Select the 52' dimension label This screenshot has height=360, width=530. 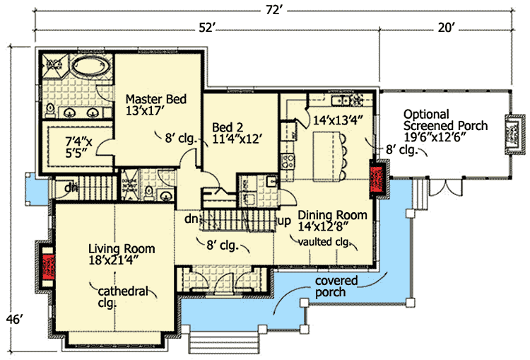[206, 28]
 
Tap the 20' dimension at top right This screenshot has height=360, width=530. [446, 28]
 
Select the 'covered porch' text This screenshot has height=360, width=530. [336, 286]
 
